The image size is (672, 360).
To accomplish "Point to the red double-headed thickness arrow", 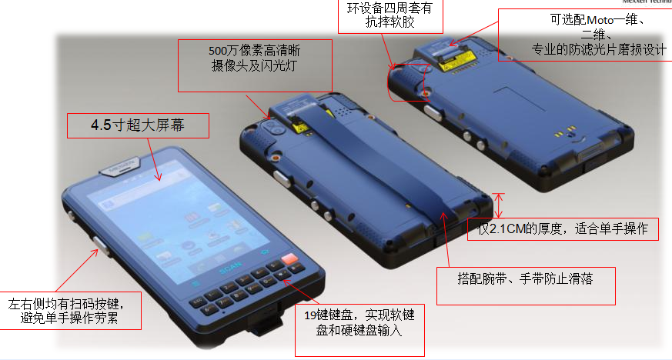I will tap(500, 205).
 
